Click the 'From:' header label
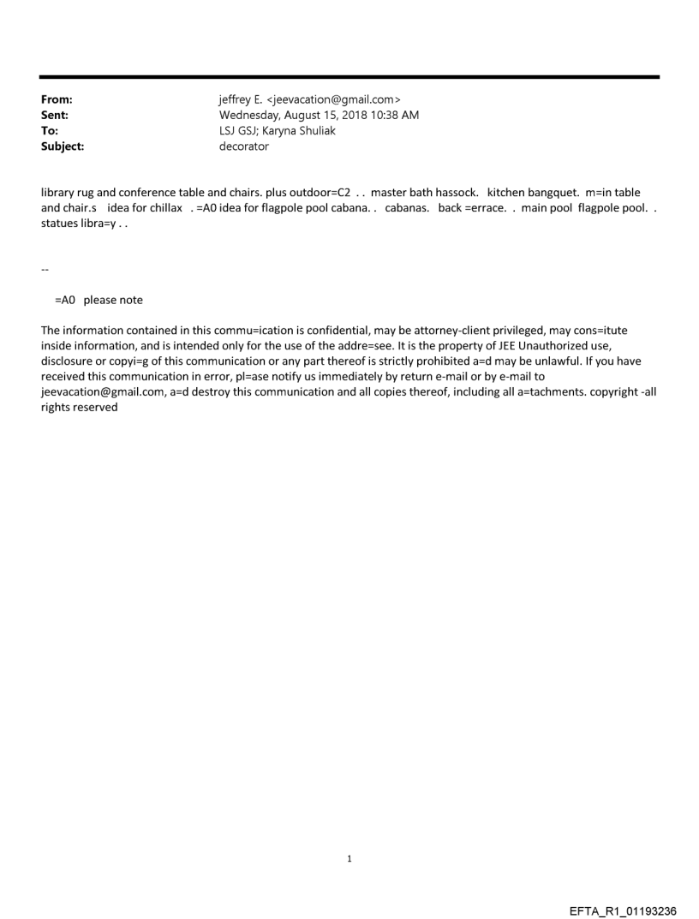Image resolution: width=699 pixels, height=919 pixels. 56,100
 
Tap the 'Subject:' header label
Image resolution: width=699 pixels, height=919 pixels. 63,146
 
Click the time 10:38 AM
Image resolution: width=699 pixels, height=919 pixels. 396,116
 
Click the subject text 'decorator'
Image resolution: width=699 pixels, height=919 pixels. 244,146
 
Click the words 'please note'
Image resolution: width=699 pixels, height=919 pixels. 113,300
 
